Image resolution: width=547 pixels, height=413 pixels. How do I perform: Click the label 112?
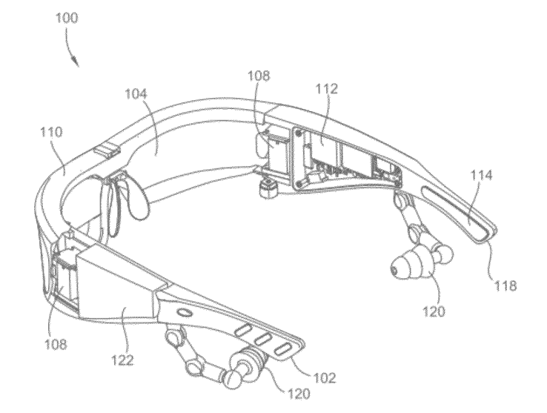[x=326, y=89]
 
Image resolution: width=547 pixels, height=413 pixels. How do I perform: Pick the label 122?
[x=122, y=361]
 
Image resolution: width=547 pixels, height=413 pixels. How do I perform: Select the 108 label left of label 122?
[x=54, y=344]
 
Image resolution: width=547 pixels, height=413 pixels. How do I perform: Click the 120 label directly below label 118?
[x=435, y=311]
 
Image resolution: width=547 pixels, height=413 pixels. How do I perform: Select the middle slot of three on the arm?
[x=261, y=338]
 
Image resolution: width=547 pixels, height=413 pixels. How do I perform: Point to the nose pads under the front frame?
[x=122, y=196]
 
